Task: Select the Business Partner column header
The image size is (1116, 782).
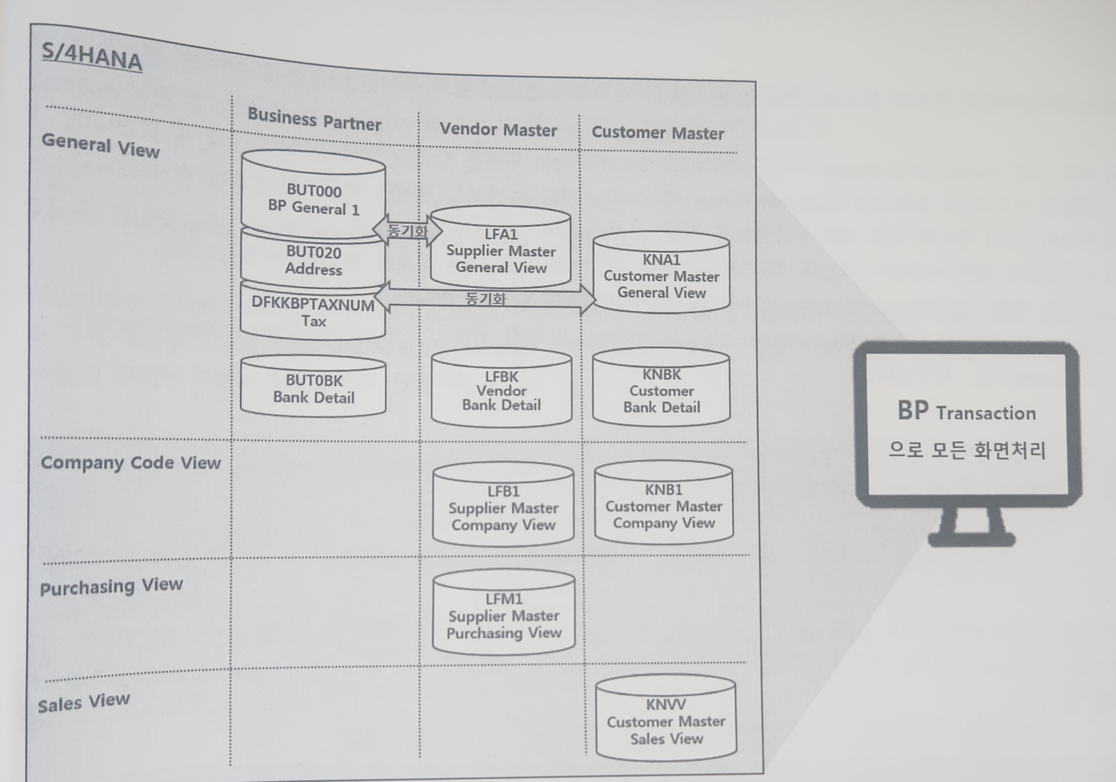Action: pyautogui.click(x=314, y=119)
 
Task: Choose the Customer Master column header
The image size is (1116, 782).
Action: pyautogui.click(x=657, y=133)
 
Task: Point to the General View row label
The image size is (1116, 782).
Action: pyautogui.click(x=100, y=145)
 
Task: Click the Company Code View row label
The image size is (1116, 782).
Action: pyautogui.click(x=130, y=463)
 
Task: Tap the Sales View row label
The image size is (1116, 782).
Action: pyautogui.click(x=84, y=702)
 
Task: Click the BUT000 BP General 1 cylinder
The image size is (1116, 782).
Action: pyautogui.click(x=313, y=199)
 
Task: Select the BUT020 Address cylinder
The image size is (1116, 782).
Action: pyautogui.click(x=313, y=261)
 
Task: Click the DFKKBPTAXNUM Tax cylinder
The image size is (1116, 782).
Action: pyautogui.click(x=313, y=313)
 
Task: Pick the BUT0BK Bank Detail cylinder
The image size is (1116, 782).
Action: pyautogui.click(x=313, y=388)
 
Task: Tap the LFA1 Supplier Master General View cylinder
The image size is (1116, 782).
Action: pyautogui.click(x=501, y=251)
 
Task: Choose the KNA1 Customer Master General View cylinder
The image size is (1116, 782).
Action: pyautogui.click(x=661, y=276)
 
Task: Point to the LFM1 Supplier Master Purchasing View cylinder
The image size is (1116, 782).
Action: pyautogui.click(x=504, y=615)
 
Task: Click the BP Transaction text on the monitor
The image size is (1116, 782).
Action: pyautogui.click(x=966, y=412)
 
